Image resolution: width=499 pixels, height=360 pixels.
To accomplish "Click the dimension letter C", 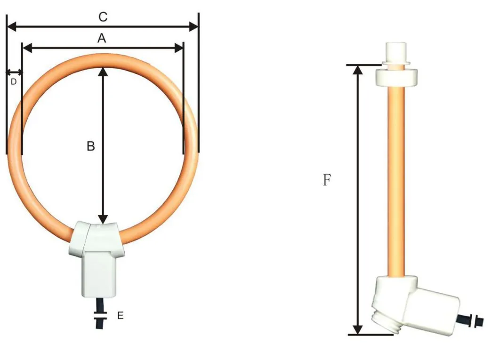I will (103, 17).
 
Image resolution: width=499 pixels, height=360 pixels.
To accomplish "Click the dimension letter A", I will (102, 39).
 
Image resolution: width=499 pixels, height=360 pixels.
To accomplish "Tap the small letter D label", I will (14, 81).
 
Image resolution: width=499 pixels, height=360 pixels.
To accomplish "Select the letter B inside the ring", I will (91, 146).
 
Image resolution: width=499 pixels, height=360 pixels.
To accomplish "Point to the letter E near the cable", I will (120, 316).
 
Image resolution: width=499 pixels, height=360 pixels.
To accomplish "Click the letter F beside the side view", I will (327, 180).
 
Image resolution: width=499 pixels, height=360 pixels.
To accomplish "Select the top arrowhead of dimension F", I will (358, 70).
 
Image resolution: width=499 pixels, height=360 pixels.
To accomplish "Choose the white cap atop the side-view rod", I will (395, 52).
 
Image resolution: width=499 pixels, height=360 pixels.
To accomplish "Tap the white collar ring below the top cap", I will (396, 77).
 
